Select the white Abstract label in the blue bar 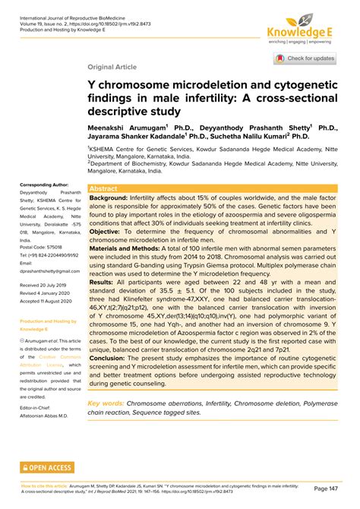click(104, 188)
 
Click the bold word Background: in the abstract click(109, 198)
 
